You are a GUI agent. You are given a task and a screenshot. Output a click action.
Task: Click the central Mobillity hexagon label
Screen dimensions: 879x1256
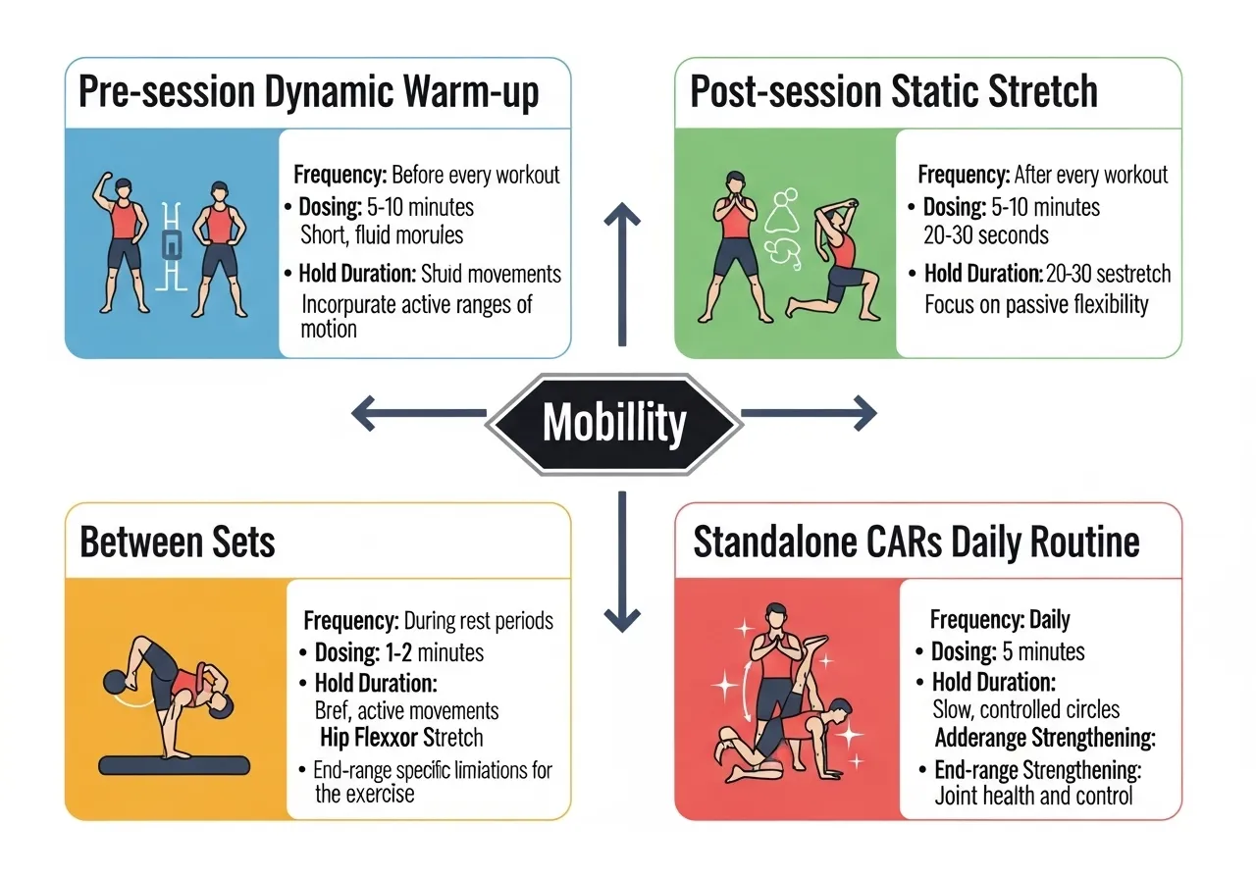(x=614, y=423)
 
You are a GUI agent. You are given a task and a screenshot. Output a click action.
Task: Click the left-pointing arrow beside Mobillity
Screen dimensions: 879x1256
(x=417, y=413)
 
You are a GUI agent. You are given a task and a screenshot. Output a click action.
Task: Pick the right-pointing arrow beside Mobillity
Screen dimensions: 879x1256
(x=809, y=413)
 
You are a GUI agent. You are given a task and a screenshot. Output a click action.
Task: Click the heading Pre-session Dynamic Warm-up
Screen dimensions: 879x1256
(x=308, y=93)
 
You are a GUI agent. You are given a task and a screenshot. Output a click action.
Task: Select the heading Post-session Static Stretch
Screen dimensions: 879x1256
(x=894, y=93)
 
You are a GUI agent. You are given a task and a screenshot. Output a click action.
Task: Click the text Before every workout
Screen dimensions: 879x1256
(x=475, y=176)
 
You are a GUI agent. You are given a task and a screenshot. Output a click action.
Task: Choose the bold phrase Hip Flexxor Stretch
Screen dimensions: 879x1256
(x=401, y=737)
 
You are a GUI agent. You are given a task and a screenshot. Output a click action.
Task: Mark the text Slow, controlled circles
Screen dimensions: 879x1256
(x=1025, y=709)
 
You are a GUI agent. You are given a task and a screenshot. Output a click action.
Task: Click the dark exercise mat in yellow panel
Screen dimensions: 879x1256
(x=177, y=764)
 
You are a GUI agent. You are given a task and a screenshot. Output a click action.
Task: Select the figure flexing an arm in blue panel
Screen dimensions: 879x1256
(x=124, y=239)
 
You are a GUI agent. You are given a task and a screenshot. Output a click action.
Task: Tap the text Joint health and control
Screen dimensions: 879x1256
(x=1033, y=796)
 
